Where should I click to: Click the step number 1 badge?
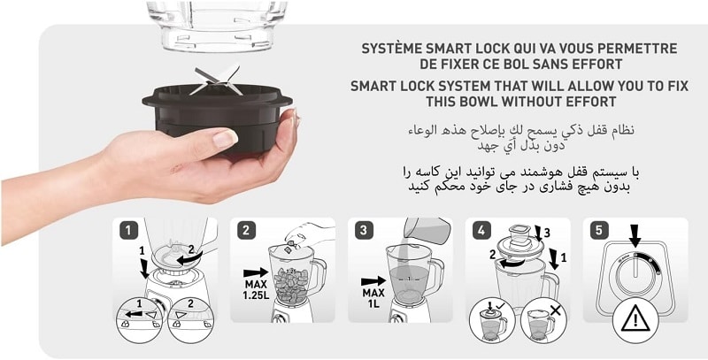(x=128, y=231)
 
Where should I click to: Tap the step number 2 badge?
(x=246, y=231)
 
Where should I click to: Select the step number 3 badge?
(x=364, y=231)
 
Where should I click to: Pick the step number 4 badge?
(x=481, y=231)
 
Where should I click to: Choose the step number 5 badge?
(x=599, y=231)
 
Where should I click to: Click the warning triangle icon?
(x=635, y=318)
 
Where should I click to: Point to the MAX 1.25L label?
(x=257, y=289)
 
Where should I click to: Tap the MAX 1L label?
(x=373, y=298)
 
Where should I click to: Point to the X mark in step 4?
(x=555, y=310)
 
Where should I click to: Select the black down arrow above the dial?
(x=635, y=236)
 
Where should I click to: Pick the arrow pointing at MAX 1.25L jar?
(x=256, y=272)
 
